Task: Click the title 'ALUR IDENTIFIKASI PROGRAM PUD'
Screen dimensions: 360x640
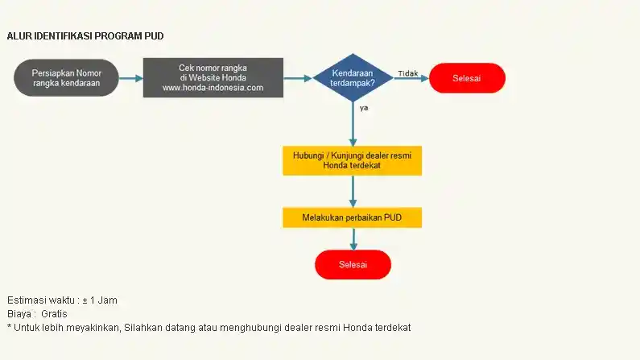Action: click(x=85, y=36)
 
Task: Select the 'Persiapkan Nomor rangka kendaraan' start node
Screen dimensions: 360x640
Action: click(x=67, y=78)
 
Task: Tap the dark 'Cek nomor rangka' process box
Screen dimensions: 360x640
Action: click(x=213, y=77)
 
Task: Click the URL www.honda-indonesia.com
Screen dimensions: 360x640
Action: click(x=213, y=88)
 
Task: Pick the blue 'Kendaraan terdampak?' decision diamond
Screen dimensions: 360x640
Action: click(x=353, y=78)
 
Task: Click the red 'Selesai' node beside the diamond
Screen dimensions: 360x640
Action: click(x=467, y=78)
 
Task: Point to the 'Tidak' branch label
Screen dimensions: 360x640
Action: click(x=407, y=73)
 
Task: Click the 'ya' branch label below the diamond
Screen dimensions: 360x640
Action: click(x=364, y=107)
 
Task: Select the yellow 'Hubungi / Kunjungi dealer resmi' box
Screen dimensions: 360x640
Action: click(x=352, y=159)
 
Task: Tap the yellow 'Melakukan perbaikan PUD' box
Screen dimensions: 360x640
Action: click(x=352, y=217)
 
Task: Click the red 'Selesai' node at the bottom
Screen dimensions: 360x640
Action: click(x=353, y=264)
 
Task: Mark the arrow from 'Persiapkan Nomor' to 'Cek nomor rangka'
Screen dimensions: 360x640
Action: click(x=131, y=78)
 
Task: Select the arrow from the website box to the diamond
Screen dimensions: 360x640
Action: click(x=297, y=78)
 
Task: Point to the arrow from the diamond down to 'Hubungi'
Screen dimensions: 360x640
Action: click(x=353, y=125)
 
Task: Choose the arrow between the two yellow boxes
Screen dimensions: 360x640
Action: click(x=353, y=192)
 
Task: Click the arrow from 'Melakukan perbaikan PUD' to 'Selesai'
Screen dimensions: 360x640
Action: click(x=353, y=238)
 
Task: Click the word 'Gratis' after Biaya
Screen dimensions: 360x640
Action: click(x=55, y=313)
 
